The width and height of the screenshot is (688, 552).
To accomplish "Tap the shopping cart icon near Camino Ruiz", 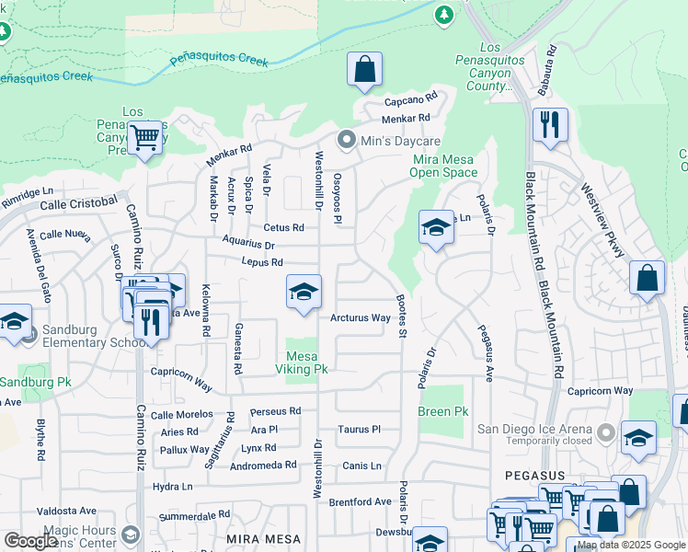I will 144,138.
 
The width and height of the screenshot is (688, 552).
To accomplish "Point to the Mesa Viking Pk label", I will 303,363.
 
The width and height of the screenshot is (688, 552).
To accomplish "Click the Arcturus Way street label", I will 361,318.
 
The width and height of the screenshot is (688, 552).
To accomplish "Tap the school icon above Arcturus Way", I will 304,292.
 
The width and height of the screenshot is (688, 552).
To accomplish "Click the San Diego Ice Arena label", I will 534,427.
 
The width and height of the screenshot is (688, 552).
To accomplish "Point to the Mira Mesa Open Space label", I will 443,166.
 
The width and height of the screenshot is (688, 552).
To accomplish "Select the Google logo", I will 30,541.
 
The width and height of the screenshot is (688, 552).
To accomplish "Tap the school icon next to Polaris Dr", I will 435,228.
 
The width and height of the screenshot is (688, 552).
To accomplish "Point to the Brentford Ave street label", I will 361,502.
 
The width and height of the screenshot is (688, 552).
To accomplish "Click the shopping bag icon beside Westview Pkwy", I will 648,279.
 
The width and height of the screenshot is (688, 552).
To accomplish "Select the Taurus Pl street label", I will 359,430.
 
